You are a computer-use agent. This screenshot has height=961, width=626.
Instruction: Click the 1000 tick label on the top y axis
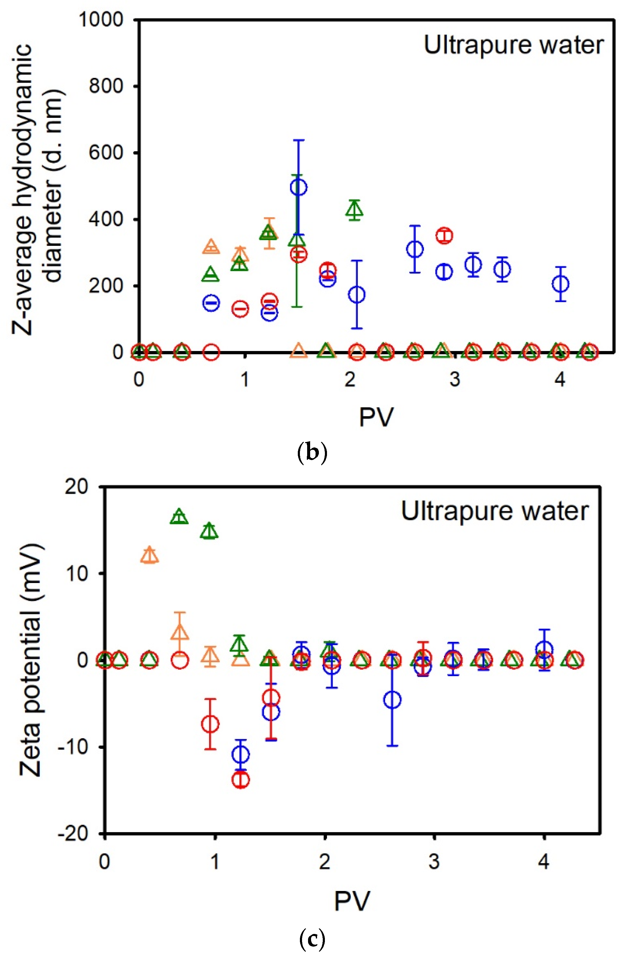(x=101, y=19)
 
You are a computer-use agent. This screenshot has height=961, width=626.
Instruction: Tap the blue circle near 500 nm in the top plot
(x=298, y=187)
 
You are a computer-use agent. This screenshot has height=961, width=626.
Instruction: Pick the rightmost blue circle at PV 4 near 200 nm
(x=560, y=284)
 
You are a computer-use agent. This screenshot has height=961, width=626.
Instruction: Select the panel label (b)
(x=312, y=453)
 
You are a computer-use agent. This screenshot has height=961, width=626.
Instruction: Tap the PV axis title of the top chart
(x=376, y=417)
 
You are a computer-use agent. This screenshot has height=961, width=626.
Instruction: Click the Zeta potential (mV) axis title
(x=30, y=660)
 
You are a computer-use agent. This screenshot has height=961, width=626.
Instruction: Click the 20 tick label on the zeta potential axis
(x=76, y=487)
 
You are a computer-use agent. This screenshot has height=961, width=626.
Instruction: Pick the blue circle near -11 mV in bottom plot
(x=241, y=754)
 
